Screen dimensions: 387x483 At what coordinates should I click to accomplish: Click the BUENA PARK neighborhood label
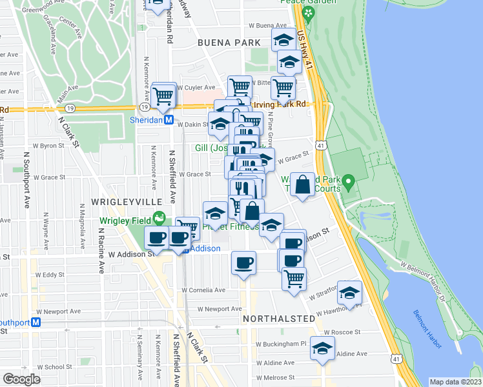point(229,43)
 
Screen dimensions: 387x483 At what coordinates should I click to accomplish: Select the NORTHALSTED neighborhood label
point(278,319)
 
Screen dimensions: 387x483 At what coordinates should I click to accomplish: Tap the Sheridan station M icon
point(168,120)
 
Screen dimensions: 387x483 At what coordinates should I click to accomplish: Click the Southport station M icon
point(36,322)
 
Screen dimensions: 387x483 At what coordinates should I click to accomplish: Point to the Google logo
point(21,379)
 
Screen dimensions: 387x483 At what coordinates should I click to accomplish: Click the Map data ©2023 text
point(455,382)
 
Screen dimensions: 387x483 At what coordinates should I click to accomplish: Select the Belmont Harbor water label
point(427,330)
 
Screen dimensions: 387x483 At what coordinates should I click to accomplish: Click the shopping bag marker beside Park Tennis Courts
point(302,185)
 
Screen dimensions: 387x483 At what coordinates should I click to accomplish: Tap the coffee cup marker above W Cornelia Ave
point(243,263)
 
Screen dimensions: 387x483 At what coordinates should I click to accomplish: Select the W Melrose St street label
point(276,377)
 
